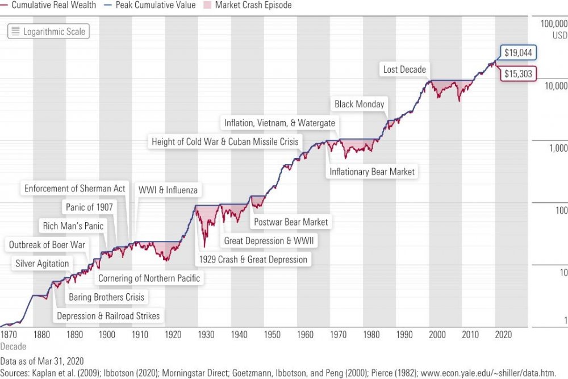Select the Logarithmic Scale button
pyautogui.click(x=48, y=31)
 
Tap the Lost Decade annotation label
pyautogui.click(x=404, y=69)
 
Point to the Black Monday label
pyautogui.click(x=359, y=104)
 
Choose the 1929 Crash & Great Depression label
pyautogui.click(x=253, y=259)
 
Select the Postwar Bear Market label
pyautogui.click(x=290, y=222)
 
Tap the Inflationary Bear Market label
pyautogui.click(x=372, y=171)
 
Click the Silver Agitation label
pyautogui.click(x=42, y=264)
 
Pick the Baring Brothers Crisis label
pyautogui.click(x=106, y=297)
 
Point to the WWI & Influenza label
pyautogui.click(x=168, y=190)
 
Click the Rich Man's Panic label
pyautogui.click(x=73, y=226)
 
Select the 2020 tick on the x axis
pyautogui.click(x=503, y=335)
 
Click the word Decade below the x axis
pyautogui.click(x=13, y=345)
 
